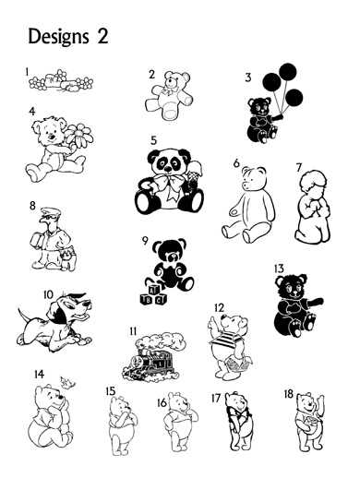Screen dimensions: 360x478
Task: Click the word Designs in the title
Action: click(x=58, y=37)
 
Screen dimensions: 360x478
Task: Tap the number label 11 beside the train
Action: click(x=133, y=331)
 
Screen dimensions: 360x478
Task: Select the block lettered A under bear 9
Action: click(x=154, y=290)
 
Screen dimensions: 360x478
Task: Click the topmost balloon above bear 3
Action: click(x=288, y=71)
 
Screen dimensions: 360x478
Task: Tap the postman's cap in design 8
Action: click(x=51, y=211)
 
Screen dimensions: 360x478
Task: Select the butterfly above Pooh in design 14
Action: click(x=68, y=382)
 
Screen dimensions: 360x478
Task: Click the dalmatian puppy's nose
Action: click(x=89, y=304)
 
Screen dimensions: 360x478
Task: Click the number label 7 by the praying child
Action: click(x=299, y=168)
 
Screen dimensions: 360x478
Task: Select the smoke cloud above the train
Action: click(x=161, y=341)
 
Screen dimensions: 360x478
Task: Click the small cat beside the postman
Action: click(x=68, y=259)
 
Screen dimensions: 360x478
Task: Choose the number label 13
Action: click(x=279, y=269)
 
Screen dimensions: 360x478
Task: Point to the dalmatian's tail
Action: click(x=23, y=317)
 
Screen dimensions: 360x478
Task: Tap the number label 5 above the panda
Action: click(x=153, y=140)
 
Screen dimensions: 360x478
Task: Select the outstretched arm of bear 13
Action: click(x=312, y=302)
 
